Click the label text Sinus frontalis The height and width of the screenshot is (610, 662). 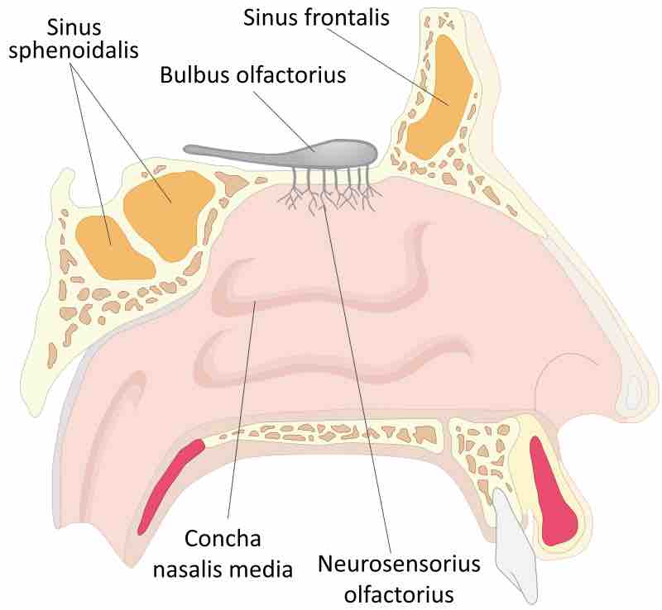tap(316, 17)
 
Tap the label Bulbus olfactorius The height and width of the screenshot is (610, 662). tap(253, 75)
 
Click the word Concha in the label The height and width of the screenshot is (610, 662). tap(223, 539)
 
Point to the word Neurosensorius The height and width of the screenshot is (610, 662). tap(399, 564)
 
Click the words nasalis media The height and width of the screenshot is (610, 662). tap(223, 569)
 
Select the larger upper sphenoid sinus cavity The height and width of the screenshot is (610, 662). tap(170, 213)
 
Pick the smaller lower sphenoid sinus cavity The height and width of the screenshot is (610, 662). tap(115, 248)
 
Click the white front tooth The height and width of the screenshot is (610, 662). tap(515, 546)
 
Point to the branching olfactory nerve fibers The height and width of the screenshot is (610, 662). tap(329, 189)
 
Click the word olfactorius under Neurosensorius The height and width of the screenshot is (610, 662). tap(399, 594)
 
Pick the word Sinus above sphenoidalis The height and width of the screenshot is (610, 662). tap(74, 28)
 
